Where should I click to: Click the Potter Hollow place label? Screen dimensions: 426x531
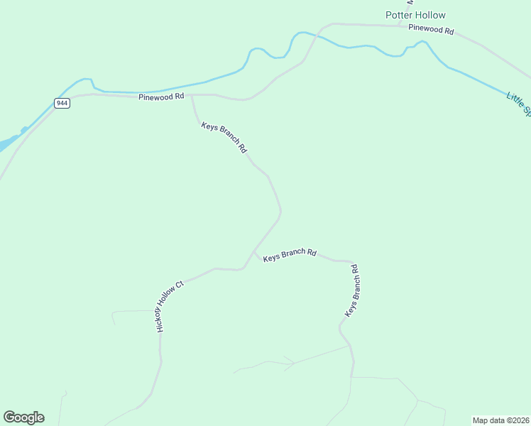415,15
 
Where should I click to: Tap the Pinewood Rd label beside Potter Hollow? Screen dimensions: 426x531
431,29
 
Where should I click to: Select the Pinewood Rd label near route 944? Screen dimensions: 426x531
161,96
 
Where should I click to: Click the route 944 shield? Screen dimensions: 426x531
62,103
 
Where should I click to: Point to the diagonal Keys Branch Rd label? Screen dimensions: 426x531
224,138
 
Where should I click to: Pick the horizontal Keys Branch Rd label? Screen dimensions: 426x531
289,256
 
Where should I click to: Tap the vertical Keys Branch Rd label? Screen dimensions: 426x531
351,290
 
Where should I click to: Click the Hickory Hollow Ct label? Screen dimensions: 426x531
170,306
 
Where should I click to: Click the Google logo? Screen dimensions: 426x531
23,417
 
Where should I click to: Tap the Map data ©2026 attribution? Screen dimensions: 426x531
501,420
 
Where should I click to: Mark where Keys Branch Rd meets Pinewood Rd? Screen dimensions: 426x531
192,94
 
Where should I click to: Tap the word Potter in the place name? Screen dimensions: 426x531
398,15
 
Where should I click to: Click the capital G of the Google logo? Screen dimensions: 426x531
9,417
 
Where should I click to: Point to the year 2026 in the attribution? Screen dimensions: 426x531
520,420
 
